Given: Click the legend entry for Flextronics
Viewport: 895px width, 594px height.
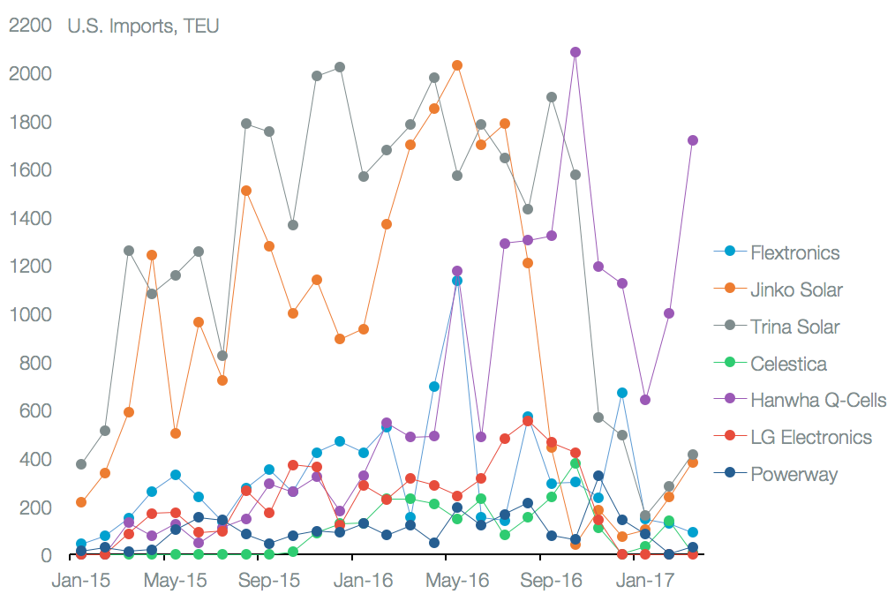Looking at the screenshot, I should pyautogui.click(x=794, y=252).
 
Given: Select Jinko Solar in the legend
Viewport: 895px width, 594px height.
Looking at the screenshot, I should pyautogui.click(x=796, y=289).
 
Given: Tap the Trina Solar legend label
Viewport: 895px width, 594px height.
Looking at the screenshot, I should pyautogui.click(x=794, y=327).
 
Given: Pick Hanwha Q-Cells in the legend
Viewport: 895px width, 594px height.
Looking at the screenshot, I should pyautogui.click(x=817, y=401).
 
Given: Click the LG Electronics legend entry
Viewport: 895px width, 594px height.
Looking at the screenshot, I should pyautogui.click(x=810, y=438).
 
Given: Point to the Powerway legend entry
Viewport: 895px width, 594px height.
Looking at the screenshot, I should pyautogui.click(x=793, y=475).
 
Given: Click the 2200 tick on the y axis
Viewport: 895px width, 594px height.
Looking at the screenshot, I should pyautogui.click(x=30, y=26).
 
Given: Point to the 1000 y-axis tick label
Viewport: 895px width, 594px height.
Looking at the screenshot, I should pyautogui.click(x=30, y=315).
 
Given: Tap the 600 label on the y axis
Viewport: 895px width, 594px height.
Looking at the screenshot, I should pyautogui.click(x=35, y=411).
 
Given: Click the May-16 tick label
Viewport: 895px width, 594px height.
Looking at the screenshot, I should pyautogui.click(x=457, y=581).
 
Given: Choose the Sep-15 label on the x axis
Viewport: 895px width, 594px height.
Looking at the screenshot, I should pyautogui.click(x=269, y=581).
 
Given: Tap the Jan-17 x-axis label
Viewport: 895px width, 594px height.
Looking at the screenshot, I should pyautogui.click(x=645, y=581).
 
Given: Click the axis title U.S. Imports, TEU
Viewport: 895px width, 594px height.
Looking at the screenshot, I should pyautogui.click(x=143, y=26).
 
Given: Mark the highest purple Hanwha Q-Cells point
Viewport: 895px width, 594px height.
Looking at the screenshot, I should pyautogui.click(x=575, y=52).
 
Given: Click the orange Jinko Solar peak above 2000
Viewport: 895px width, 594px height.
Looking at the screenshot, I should pyautogui.click(x=457, y=65).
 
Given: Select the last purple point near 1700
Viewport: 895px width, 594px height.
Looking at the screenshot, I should pyautogui.click(x=693, y=140).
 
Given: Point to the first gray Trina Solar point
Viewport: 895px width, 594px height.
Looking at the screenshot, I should pyautogui.click(x=81, y=464).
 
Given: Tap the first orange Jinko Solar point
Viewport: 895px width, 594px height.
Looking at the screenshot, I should pyautogui.click(x=81, y=502).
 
